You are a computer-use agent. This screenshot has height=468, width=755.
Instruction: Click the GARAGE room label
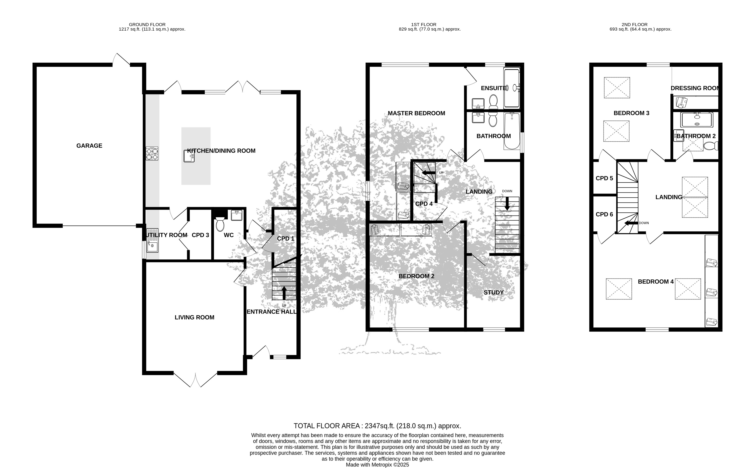[89, 146]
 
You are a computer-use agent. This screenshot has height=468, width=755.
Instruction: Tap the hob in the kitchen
[152, 153]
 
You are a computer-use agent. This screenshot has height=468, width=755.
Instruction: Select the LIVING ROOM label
[194, 317]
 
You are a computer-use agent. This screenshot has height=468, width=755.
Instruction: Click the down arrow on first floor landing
[507, 204]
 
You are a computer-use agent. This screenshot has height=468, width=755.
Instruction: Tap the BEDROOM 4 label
[656, 282]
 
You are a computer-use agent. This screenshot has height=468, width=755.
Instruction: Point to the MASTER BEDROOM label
[416, 113]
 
